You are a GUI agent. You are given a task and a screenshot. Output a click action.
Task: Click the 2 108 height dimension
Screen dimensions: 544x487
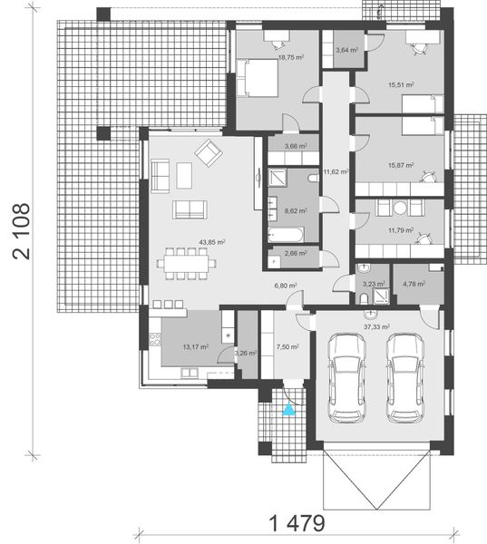21,230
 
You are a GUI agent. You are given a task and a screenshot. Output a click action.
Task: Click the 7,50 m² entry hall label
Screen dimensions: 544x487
282,345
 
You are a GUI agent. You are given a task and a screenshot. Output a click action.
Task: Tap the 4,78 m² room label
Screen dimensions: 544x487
414,285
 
